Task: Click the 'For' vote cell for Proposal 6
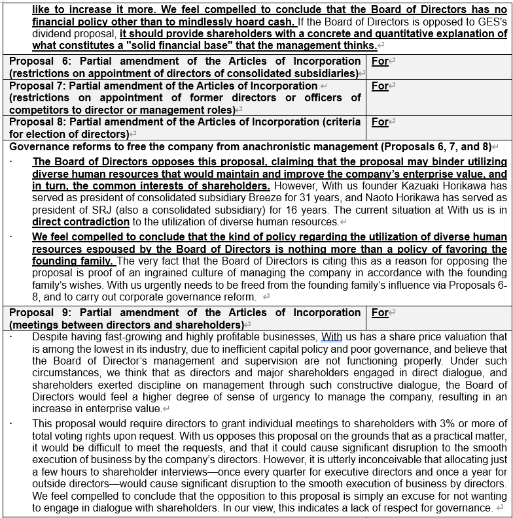pos(380,61)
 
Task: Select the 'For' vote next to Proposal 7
pos(380,86)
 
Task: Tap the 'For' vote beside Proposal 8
pos(380,122)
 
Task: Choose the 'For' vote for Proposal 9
pos(380,313)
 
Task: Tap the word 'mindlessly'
pos(202,21)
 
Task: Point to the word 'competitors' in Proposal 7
pos(37,110)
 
